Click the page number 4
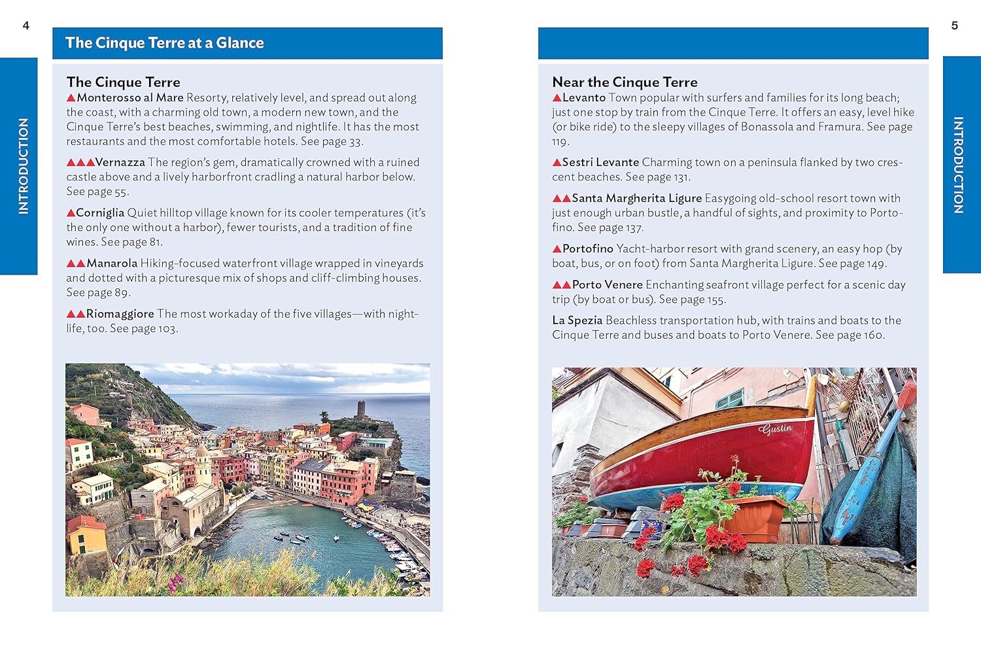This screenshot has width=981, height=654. coord(26,26)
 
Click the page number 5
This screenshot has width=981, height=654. coord(954,26)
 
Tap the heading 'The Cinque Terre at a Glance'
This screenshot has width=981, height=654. coord(164,43)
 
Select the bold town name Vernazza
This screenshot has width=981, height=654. coord(120,162)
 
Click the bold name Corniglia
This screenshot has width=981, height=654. coord(100,213)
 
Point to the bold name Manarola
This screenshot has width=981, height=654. coord(112,263)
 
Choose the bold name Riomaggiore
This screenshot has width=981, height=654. coord(120,314)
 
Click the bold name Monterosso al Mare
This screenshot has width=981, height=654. coord(129,97)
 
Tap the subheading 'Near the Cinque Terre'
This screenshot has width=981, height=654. coord(625,82)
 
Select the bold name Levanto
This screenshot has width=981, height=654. coord(583,97)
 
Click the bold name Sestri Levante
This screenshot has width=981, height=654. coord(600,162)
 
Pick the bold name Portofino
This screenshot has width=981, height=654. coord(587,249)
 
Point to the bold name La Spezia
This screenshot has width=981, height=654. coord(577,320)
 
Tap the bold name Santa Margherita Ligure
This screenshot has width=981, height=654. coord(636,198)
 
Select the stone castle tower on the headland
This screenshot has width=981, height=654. coord(360,409)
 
